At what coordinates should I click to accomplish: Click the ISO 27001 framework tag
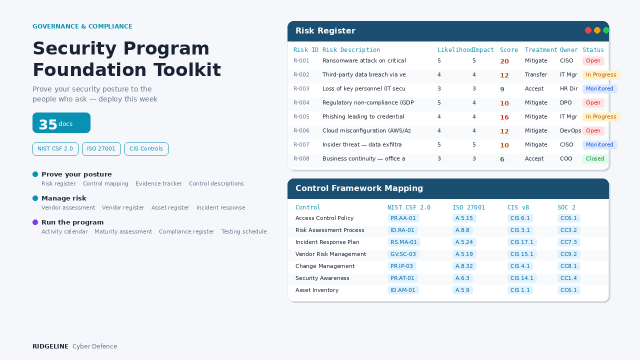pos(101,149)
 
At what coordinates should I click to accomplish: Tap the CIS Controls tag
pos(146,149)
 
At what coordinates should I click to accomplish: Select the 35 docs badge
pos(61,123)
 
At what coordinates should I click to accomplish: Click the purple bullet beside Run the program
pos(35,222)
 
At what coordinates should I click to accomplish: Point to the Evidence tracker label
pos(158,184)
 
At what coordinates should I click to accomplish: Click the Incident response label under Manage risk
pos(220,208)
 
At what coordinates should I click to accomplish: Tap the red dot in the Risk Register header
pos(588,30)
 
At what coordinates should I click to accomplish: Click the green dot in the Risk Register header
pos(606,30)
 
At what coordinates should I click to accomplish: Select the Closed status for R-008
pos(595,159)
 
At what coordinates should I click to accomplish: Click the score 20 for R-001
pos(504,61)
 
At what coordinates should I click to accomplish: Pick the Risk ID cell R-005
pos(301,117)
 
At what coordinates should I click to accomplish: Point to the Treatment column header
pos(541,50)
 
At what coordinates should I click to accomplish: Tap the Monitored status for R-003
pos(599,89)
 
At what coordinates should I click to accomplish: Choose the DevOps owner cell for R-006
pos(570,131)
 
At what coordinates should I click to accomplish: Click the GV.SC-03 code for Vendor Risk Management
pos(403,254)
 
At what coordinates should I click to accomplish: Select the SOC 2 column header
pos(566,207)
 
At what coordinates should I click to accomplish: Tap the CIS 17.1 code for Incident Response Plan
pos(522,242)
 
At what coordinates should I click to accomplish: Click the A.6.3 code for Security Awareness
pos(462,278)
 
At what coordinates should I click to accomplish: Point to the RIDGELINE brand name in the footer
pos(50,346)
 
